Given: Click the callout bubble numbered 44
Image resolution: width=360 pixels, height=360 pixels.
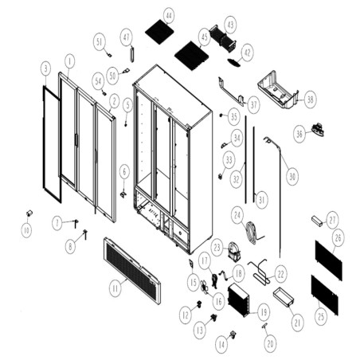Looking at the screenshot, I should tap(168, 16).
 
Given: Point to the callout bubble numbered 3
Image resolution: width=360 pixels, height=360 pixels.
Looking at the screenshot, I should tap(46, 68).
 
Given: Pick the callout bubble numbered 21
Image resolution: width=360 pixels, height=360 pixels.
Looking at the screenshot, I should tap(297, 323).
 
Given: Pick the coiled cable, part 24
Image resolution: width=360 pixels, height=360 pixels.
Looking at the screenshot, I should tap(253, 232).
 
